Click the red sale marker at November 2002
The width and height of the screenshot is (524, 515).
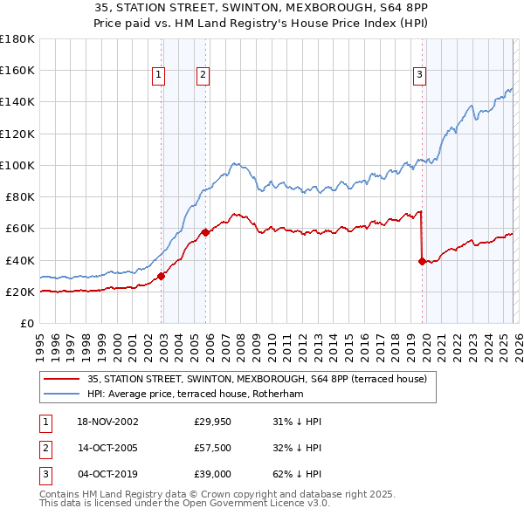pos(162,277)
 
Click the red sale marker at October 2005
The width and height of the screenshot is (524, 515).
pos(205,232)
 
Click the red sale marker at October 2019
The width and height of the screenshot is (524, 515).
pos(422,261)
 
